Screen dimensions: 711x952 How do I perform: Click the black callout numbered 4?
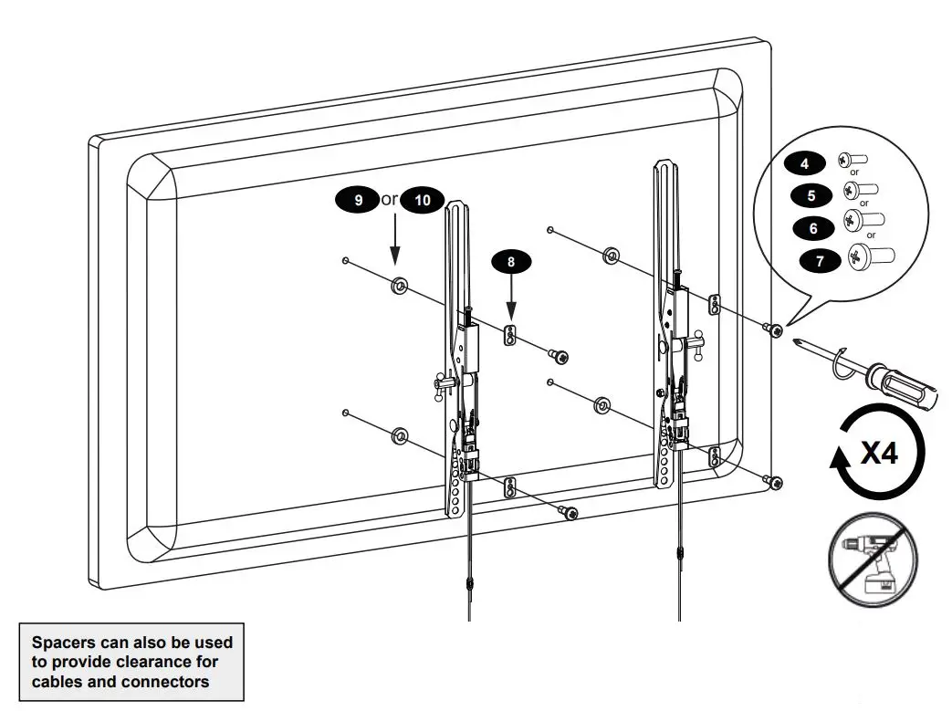(805, 163)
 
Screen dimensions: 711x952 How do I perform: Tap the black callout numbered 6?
(813, 227)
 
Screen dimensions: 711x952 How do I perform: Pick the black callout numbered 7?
(820, 261)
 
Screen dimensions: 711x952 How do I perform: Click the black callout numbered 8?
(511, 261)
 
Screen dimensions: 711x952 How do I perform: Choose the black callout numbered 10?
(422, 200)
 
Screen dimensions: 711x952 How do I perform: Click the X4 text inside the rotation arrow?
(879, 453)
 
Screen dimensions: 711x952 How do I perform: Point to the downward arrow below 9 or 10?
(394, 242)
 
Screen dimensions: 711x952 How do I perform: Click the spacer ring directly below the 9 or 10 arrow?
(399, 287)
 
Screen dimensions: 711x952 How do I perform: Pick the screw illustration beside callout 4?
(853, 161)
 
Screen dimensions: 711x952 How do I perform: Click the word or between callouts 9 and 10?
(390, 199)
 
